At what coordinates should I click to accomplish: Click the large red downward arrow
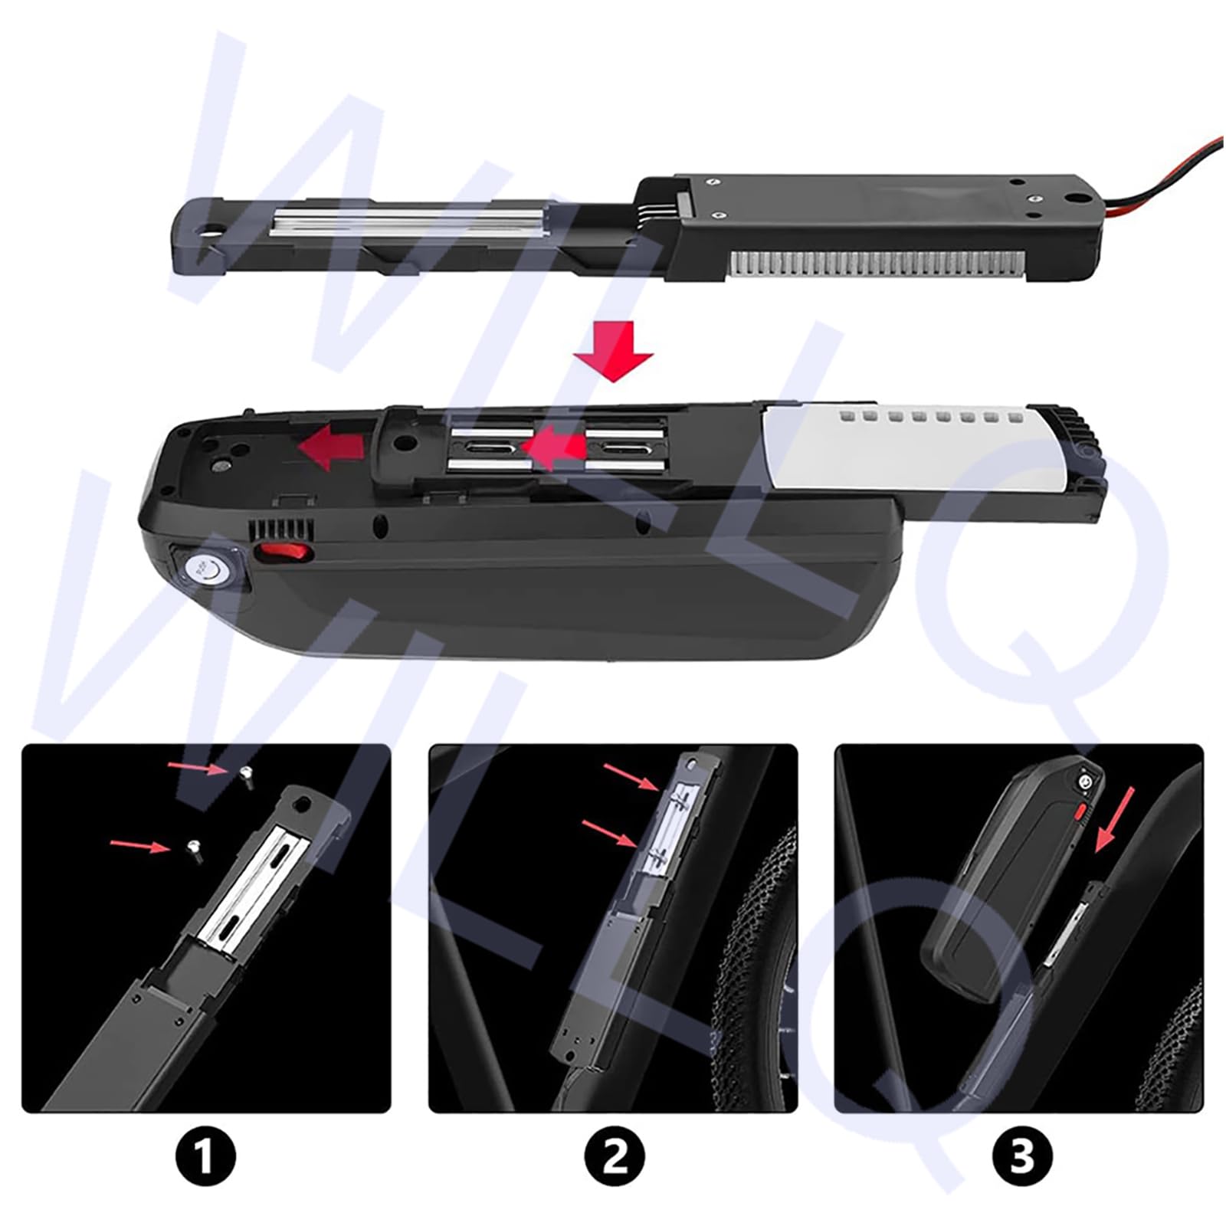[614, 351]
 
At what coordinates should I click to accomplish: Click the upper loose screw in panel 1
[247, 777]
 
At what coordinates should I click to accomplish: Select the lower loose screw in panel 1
[194, 849]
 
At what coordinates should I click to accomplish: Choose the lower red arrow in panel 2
[609, 834]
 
